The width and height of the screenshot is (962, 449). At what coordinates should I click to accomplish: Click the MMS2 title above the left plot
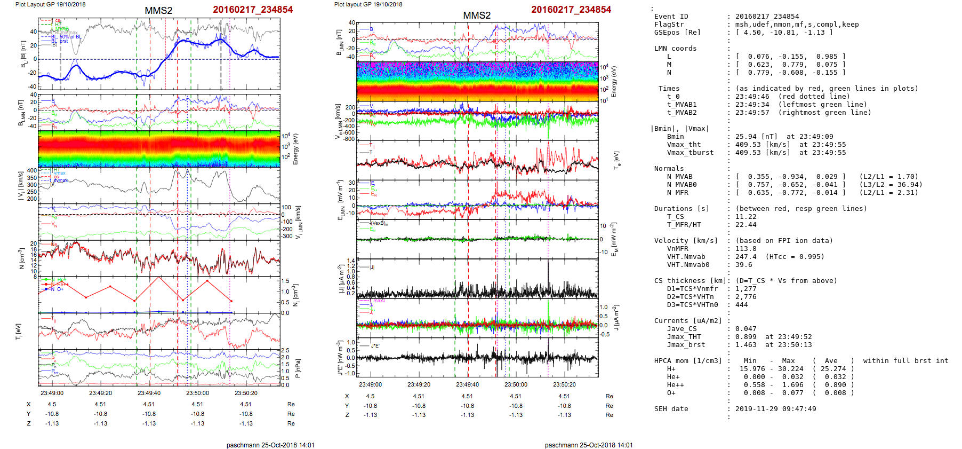point(158,11)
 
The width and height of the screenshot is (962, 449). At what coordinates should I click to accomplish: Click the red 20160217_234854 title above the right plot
point(571,10)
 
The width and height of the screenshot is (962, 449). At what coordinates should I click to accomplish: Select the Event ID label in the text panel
point(671,17)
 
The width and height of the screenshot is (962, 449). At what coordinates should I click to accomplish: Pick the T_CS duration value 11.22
point(745,217)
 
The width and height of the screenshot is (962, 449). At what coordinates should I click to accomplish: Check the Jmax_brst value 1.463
point(745,345)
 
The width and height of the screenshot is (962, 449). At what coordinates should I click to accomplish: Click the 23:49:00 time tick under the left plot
point(52,393)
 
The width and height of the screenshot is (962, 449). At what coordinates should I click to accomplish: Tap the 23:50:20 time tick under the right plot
point(564,384)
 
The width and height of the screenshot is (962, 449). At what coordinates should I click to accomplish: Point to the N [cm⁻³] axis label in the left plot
point(22,258)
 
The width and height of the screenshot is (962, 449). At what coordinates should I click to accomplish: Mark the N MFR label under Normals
point(677,193)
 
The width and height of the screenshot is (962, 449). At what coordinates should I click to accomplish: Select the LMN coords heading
point(675,49)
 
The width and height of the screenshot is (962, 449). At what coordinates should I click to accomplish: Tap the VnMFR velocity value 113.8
point(745,249)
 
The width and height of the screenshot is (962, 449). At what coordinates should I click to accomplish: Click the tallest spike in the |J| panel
point(548,263)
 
